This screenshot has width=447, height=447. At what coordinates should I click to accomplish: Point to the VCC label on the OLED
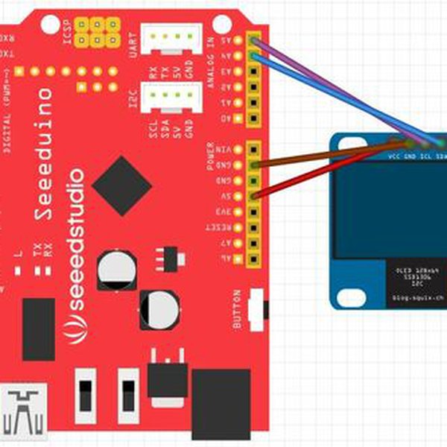[x=394, y=157]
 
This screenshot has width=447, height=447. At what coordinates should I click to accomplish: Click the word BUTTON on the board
[x=238, y=308]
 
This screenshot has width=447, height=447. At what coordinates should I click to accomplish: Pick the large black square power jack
[x=221, y=405]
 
